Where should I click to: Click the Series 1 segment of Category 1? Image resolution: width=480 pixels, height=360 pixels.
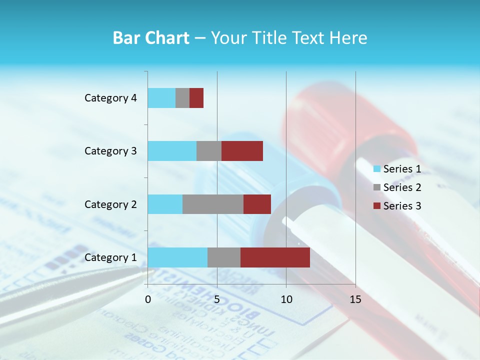[x=177, y=257]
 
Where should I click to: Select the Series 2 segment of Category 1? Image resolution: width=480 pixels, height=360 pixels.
[x=224, y=257]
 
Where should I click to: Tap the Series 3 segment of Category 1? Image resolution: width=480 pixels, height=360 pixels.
[x=275, y=257]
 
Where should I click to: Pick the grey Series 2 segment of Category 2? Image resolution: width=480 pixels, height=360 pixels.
[x=213, y=204]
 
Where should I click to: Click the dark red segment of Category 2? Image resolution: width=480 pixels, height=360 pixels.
[x=257, y=204]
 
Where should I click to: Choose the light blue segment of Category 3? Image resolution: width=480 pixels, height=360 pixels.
[x=172, y=151]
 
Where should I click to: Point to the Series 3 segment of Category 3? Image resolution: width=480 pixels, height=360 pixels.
[x=242, y=151]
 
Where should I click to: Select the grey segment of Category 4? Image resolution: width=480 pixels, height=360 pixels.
[x=182, y=98]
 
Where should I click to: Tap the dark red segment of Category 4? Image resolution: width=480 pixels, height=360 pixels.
[x=196, y=98]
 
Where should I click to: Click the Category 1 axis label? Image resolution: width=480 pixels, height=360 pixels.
[x=110, y=257]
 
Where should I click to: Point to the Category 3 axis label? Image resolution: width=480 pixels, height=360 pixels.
[x=110, y=151]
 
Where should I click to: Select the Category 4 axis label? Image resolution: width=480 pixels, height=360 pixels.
[x=110, y=98]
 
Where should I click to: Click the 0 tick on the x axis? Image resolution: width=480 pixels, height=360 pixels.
[x=148, y=299]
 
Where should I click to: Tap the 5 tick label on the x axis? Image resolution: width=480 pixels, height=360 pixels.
[x=217, y=299]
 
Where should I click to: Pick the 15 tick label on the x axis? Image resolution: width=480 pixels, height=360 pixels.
[x=355, y=299]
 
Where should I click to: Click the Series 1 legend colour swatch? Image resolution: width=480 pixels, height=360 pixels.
[x=376, y=169]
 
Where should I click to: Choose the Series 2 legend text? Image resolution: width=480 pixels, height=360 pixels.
[x=402, y=187]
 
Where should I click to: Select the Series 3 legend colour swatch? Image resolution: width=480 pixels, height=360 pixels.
[x=376, y=206]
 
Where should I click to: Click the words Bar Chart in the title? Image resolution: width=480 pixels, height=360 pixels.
[x=151, y=38]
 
